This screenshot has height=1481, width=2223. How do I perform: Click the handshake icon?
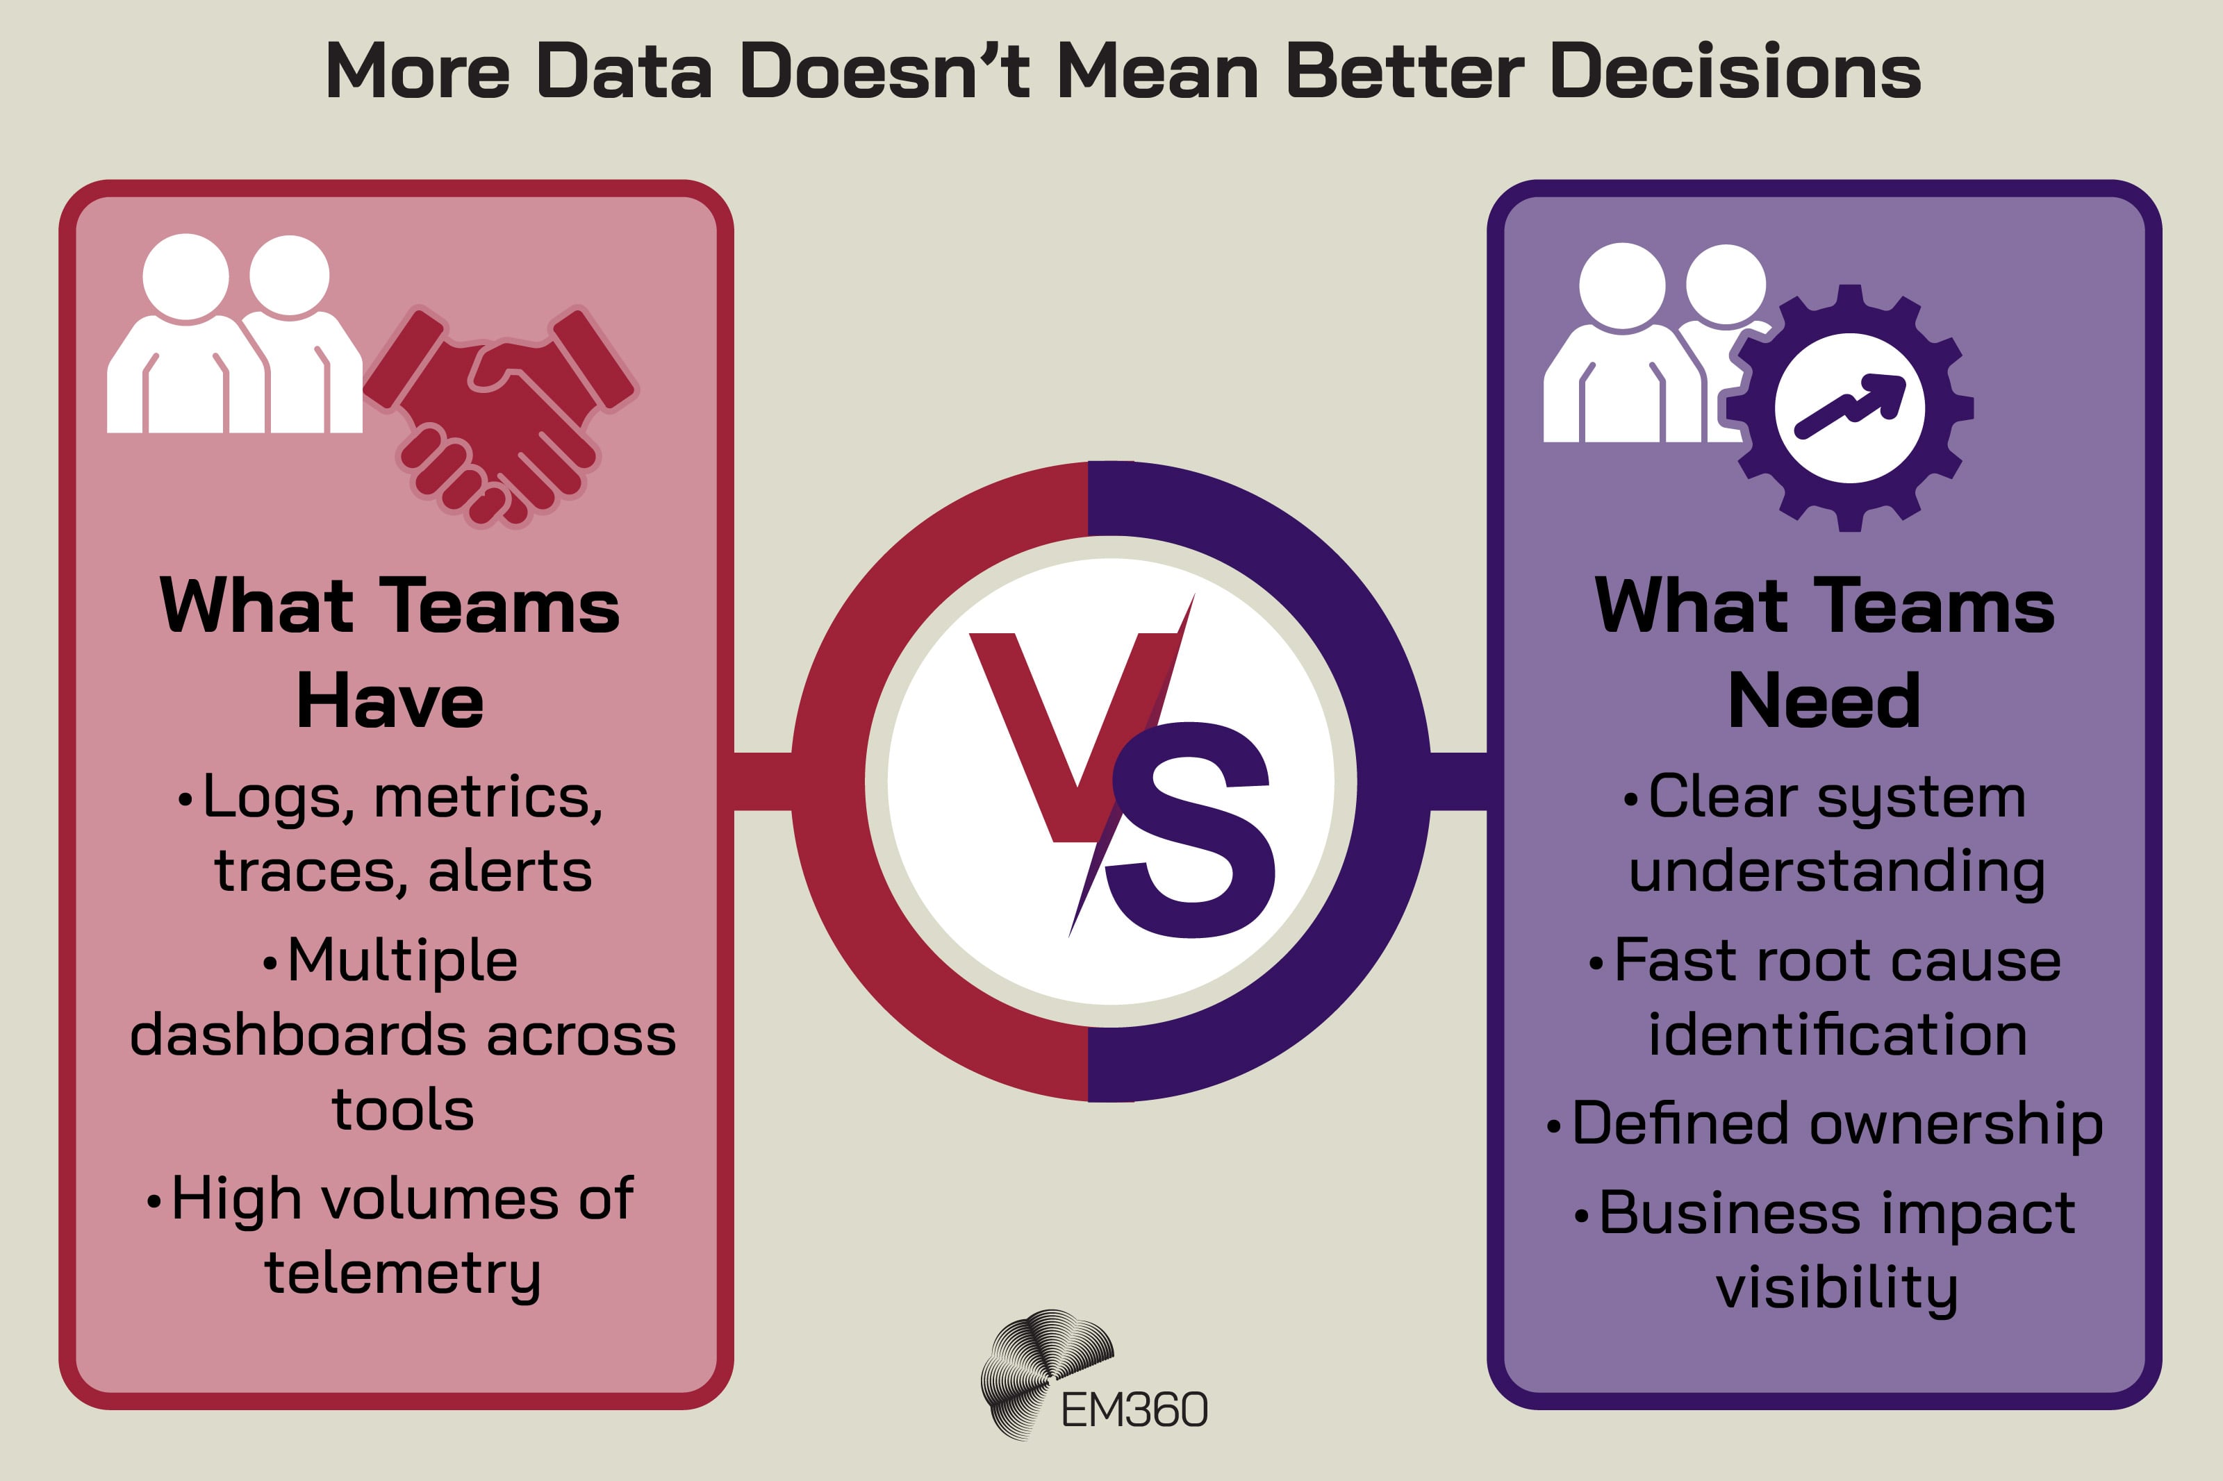(x=501, y=416)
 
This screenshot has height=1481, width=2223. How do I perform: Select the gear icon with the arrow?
(x=1849, y=408)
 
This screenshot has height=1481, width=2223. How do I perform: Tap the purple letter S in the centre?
(x=1192, y=831)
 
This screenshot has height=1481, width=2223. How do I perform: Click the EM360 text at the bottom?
(x=1134, y=1411)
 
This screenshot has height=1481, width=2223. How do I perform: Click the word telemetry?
(x=402, y=1274)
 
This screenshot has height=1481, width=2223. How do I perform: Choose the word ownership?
(x=1956, y=1125)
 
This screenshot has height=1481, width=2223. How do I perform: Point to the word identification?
(x=1837, y=1035)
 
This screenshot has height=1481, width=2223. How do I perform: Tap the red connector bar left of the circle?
(x=762, y=781)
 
